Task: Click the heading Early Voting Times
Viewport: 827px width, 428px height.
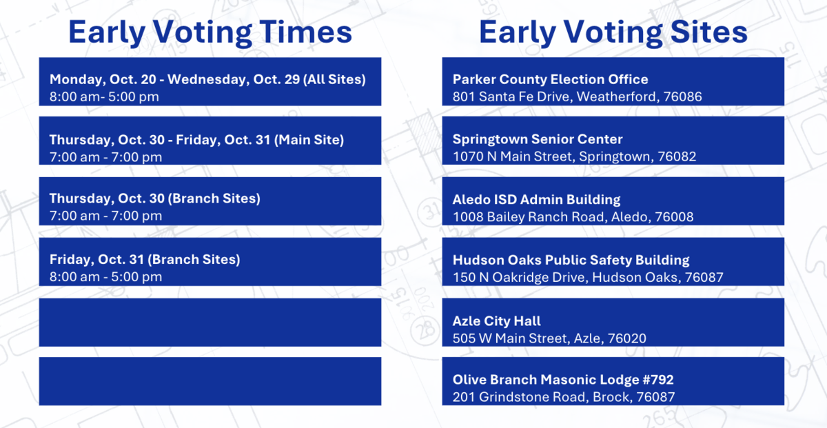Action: tap(210, 33)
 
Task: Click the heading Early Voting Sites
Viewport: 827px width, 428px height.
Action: tap(613, 33)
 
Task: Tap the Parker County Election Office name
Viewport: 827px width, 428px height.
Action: tap(550, 79)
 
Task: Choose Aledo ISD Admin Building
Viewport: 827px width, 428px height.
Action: tap(536, 200)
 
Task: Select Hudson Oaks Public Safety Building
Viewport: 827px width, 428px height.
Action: tap(571, 261)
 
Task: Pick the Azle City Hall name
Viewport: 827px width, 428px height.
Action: tap(496, 321)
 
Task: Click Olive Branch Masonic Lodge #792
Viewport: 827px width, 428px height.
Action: tap(563, 380)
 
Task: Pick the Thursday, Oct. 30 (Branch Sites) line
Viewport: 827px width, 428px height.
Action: tap(154, 198)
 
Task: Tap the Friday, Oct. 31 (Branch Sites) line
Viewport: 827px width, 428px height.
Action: tap(145, 260)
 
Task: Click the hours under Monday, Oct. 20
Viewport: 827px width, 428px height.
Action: tap(104, 96)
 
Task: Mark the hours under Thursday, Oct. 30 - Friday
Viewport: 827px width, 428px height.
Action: tap(105, 157)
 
